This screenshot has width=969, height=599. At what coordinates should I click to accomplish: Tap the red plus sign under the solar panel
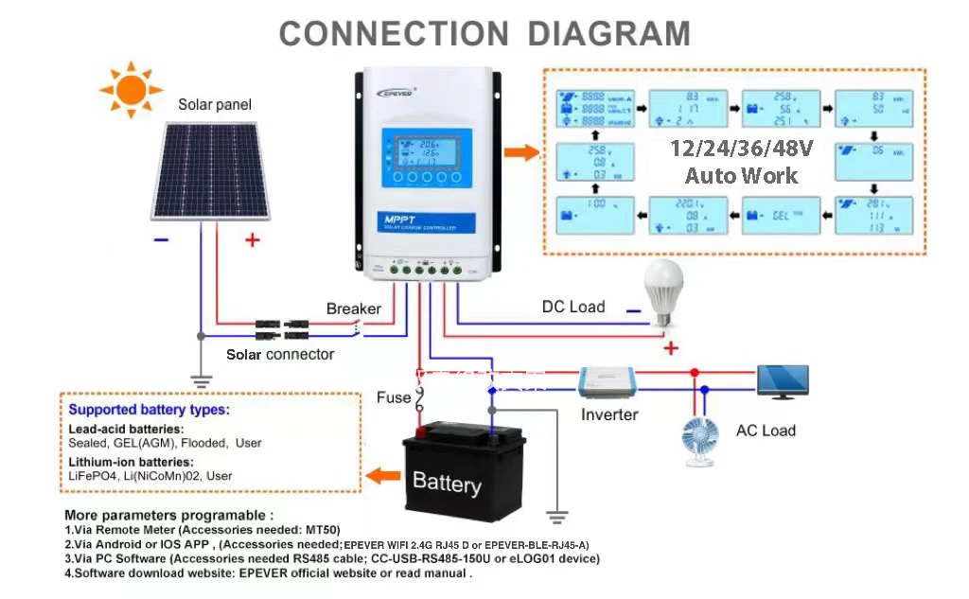252,240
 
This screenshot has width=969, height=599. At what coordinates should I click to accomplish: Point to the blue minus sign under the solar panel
161,240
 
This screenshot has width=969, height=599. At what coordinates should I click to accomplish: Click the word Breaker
353,308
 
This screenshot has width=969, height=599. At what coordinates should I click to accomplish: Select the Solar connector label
280,354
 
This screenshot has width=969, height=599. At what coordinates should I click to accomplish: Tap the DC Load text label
573,307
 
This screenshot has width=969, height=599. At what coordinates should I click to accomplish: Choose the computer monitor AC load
783,381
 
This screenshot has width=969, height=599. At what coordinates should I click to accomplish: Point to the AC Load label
766,431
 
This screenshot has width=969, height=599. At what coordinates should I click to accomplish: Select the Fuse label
393,397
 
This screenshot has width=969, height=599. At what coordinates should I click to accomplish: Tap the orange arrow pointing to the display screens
520,153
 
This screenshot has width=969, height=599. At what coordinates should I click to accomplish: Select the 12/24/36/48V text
742,150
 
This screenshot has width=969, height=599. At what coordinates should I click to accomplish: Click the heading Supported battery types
149,410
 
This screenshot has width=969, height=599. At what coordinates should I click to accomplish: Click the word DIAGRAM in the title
608,33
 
